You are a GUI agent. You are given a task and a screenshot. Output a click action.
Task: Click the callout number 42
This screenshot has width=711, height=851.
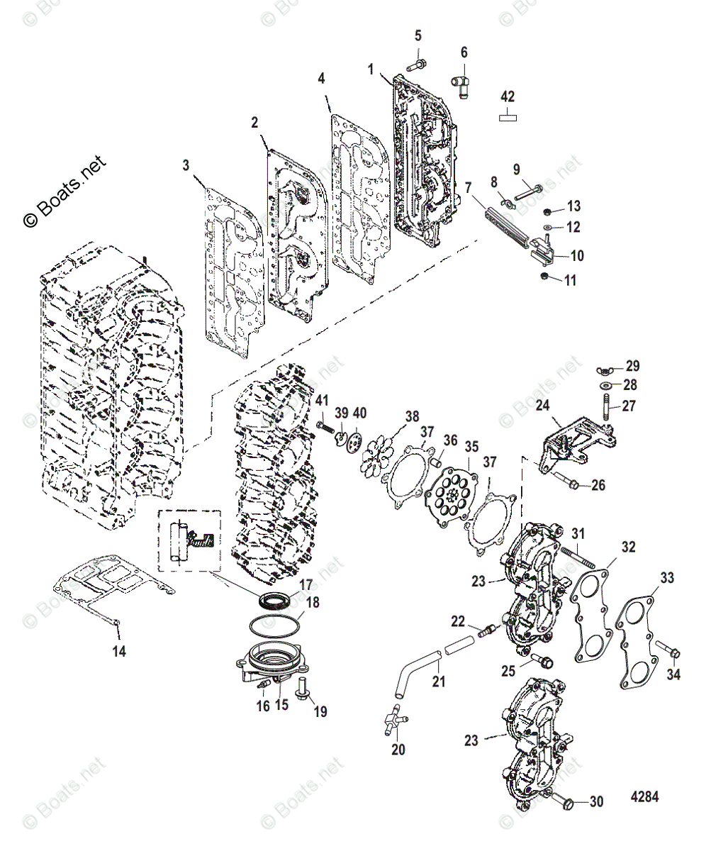pyautogui.click(x=508, y=96)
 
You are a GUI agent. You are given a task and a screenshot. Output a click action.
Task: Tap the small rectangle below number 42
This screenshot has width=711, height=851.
pyautogui.click(x=508, y=117)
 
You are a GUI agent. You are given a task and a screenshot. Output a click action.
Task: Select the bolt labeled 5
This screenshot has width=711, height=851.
pyautogui.click(x=416, y=66)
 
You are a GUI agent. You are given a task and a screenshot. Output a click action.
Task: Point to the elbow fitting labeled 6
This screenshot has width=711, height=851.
pyautogui.click(x=461, y=84)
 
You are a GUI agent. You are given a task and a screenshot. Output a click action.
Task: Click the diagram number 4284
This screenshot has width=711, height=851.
pyautogui.click(x=644, y=796)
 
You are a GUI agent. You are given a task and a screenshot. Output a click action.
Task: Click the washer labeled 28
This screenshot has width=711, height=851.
pyautogui.click(x=607, y=385)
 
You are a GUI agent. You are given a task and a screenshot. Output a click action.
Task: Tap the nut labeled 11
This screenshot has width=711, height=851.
pyautogui.click(x=545, y=275)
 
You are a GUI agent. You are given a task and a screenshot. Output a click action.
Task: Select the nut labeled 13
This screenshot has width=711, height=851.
pyautogui.click(x=548, y=211)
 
